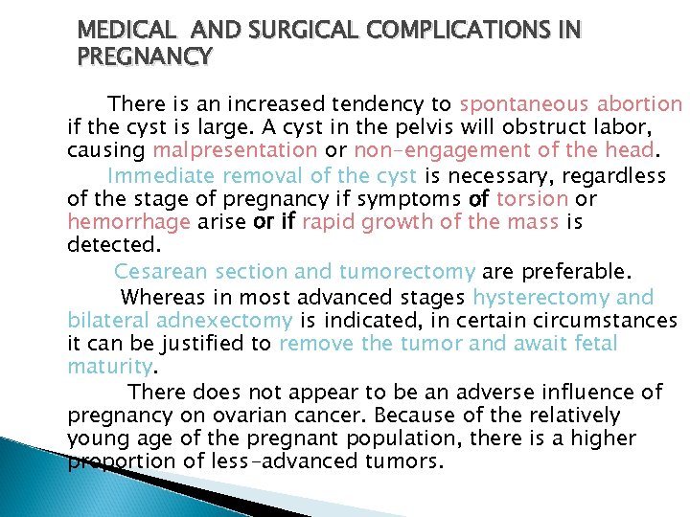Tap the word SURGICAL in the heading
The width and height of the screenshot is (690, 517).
[285, 31]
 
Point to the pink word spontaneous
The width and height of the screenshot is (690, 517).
[525, 103]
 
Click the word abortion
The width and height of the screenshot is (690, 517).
[640, 103]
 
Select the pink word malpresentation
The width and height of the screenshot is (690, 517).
[235, 150]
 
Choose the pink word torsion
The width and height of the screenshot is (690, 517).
[535, 199]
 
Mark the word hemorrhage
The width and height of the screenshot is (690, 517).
[127, 222]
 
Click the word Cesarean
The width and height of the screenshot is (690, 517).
[167, 272]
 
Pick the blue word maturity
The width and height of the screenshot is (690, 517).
[110, 368]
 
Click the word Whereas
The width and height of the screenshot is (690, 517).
[168, 297]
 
